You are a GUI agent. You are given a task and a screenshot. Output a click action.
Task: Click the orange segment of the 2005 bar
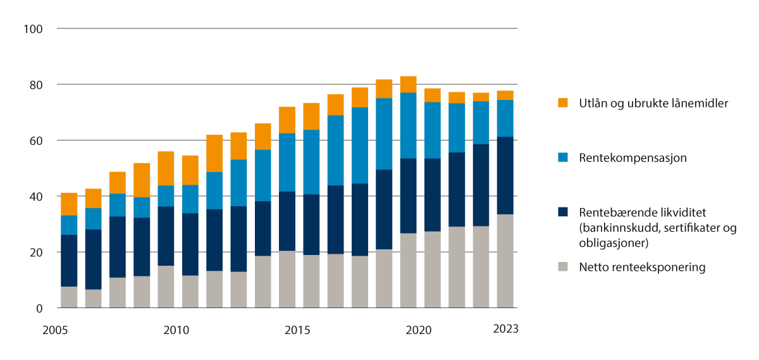pos(69,204)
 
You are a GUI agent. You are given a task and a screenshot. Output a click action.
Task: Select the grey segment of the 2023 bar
pos(505,261)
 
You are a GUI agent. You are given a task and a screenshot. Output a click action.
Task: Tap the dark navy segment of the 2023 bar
pos(505,175)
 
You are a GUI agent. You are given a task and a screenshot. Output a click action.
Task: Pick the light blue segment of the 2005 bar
pos(69,225)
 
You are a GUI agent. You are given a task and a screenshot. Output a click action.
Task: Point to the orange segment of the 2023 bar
pos(505,95)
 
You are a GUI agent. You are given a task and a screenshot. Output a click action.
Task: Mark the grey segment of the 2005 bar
pos(69,297)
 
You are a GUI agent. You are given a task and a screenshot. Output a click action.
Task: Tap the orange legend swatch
pos(563,102)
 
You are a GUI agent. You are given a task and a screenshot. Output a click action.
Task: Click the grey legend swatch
pos(563,268)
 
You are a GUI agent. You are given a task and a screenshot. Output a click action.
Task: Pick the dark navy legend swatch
pos(563,212)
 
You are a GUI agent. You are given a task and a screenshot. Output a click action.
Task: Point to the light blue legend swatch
pos(563,156)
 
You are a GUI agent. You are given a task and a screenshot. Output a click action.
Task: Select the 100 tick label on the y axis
pos(33,29)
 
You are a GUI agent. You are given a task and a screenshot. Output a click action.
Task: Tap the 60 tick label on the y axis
pos(35,140)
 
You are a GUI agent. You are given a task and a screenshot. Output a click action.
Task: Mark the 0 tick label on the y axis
pos(39,309)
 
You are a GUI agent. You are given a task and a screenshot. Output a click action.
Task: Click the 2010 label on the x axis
pos(176,330)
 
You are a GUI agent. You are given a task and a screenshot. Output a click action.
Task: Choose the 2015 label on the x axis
pos(297,330)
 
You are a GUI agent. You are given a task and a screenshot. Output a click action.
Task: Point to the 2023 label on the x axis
pos(505,329)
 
